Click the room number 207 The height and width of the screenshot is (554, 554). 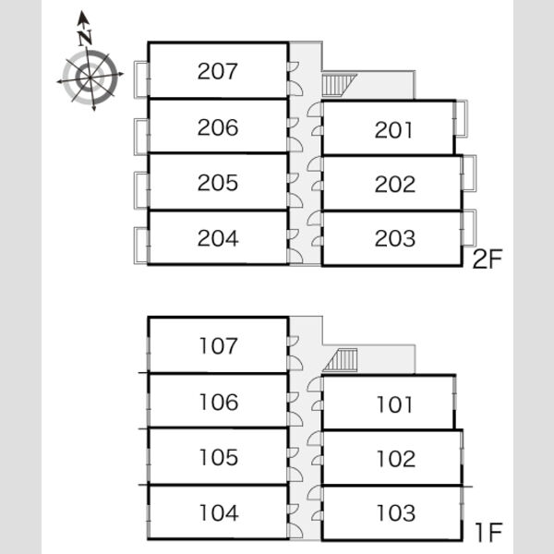[217, 71]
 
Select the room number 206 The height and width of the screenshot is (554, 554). [218, 127]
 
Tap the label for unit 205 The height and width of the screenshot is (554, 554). [218, 183]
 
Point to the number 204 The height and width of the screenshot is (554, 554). [218, 238]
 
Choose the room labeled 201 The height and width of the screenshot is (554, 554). [393, 130]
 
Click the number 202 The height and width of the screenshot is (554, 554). [394, 184]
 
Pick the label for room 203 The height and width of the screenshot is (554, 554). [394, 238]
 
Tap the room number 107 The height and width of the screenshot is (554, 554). [218, 345]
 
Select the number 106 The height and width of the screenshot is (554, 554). [219, 402]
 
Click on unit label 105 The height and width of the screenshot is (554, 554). [219, 457]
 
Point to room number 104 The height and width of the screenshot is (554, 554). [219, 512]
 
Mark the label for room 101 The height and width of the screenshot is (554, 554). [394, 404]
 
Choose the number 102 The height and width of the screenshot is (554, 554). [396, 459]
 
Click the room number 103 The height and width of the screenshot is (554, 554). [396, 512]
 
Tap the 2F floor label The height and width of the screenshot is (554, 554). [488, 259]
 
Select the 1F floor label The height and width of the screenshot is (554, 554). [489, 533]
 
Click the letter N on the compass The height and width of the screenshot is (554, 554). [85, 38]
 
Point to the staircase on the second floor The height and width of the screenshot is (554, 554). [339, 85]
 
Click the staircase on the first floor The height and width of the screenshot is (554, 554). [341, 360]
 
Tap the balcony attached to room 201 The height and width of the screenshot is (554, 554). [461, 118]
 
